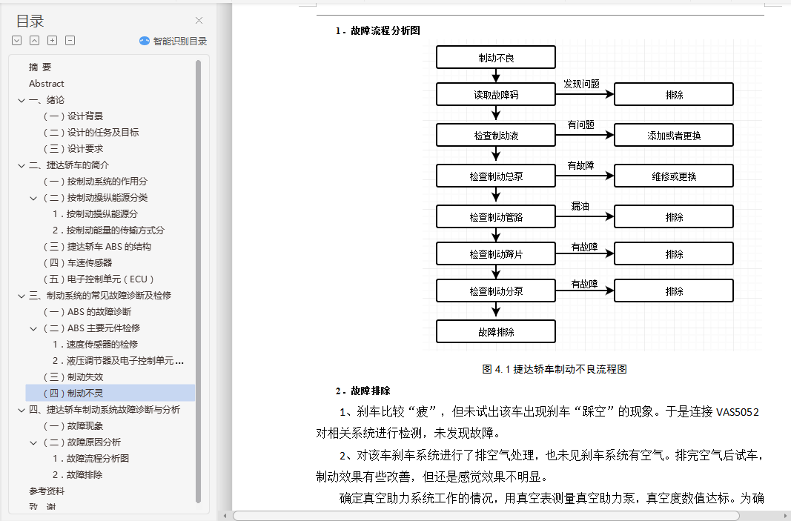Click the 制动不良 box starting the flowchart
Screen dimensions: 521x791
pyautogui.click(x=496, y=57)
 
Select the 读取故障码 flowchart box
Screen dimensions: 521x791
pyautogui.click(x=496, y=95)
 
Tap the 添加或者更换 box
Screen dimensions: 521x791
pyautogui.click(x=674, y=136)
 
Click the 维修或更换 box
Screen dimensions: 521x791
pyautogui.click(x=674, y=176)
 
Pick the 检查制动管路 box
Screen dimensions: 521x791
pyautogui.click(x=496, y=217)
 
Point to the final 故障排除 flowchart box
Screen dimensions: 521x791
pyautogui.click(x=496, y=331)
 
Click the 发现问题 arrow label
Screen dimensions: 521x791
pyautogui.click(x=581, y=84)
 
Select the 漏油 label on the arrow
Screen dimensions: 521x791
pyautogui.click(x=580, y=206)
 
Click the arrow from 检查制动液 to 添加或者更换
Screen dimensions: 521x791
pyautogui.click(x=585, y=136)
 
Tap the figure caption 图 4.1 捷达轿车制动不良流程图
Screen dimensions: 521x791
pyautogui.click(x=555, y=369)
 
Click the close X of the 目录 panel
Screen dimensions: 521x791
pyautogui.click(x=199, y=21)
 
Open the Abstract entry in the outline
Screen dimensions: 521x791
pyautogui.click(x=47, y=84)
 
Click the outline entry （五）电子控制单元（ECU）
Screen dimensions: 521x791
pyautogui.click(x=99, y=279)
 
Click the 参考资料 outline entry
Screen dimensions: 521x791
pyautogui.click(x=47, y=491)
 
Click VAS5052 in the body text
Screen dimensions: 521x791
pyautogui.click(x=737, y=412)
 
